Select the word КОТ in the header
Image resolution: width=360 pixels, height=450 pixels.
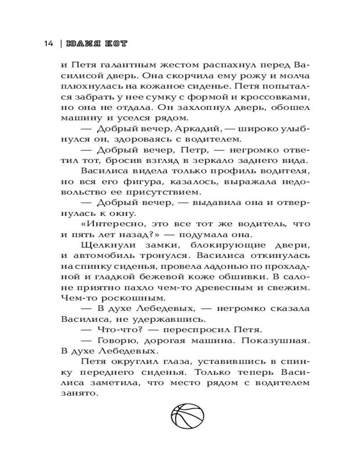point(115,44)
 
